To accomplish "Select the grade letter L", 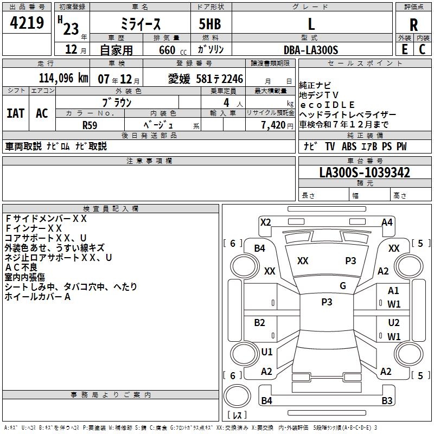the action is (311, 24).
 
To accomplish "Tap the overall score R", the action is (413, 25).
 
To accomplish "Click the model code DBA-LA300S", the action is (311, 50).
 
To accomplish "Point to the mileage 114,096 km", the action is (63, 78).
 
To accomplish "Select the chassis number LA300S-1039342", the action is (365, 173).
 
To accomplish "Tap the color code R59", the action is (90, 125).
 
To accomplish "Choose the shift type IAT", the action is (15, 113).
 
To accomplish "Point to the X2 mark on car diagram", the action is (265, 222).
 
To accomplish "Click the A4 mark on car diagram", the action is (387, 222).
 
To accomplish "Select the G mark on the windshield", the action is (343, 286).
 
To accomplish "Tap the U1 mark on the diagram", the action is (267, 352).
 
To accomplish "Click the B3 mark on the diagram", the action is (387, 401).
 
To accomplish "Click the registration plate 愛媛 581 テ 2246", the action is (206, 79).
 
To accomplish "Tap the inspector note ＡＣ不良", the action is (21, 267).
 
